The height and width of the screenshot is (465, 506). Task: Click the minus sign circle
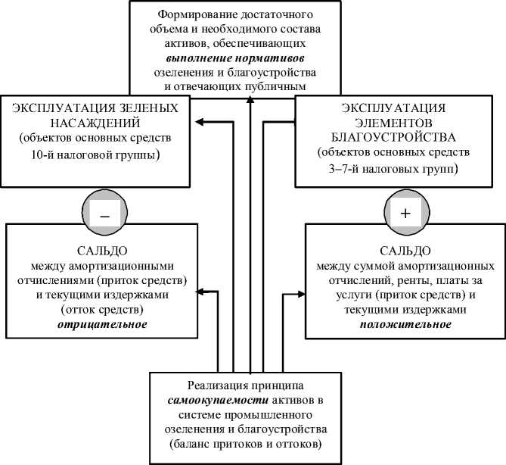tap(104, 214)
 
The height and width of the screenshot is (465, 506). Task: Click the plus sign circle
tap(405, 214)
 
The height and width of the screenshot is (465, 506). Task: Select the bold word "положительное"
tap(406, 324)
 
